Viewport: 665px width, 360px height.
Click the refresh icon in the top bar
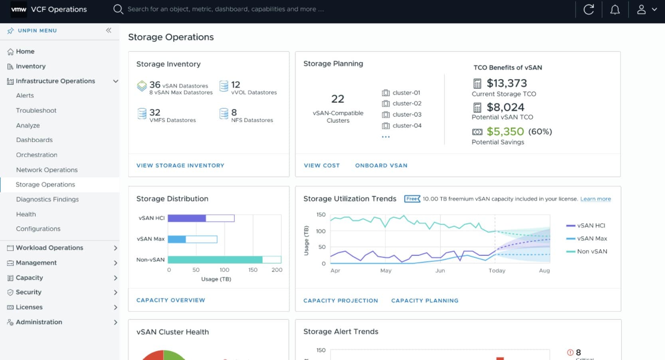(588, 9)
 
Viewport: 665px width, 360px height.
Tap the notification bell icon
(615, 9)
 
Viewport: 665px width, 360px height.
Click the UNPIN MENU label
(37, 30)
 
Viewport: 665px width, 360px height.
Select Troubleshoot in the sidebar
(36, 110)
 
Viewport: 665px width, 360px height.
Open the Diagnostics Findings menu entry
(47, 199)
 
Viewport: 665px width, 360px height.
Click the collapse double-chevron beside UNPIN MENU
(109, 30)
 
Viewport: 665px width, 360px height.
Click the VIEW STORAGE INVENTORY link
(180, 165)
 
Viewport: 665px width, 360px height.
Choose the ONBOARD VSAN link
(381, 165)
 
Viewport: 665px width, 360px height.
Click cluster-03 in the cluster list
(406, 115)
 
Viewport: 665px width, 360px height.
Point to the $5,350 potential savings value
(505, 131)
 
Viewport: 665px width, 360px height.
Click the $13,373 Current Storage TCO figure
(507, 83)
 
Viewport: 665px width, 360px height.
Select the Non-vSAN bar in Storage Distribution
(215, 260)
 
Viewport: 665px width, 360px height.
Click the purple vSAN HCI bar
(186, 218)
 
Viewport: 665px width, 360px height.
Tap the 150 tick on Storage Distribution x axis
(253, 270)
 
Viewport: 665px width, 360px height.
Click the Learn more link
(595, 199)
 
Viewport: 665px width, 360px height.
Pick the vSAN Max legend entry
(592, 238)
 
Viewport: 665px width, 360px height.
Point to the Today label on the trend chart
(497, 270)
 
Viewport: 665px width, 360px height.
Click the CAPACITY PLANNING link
(424, 301)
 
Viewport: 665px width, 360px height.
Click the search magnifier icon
(118, 9)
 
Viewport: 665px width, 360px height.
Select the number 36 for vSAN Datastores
(155, 85)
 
